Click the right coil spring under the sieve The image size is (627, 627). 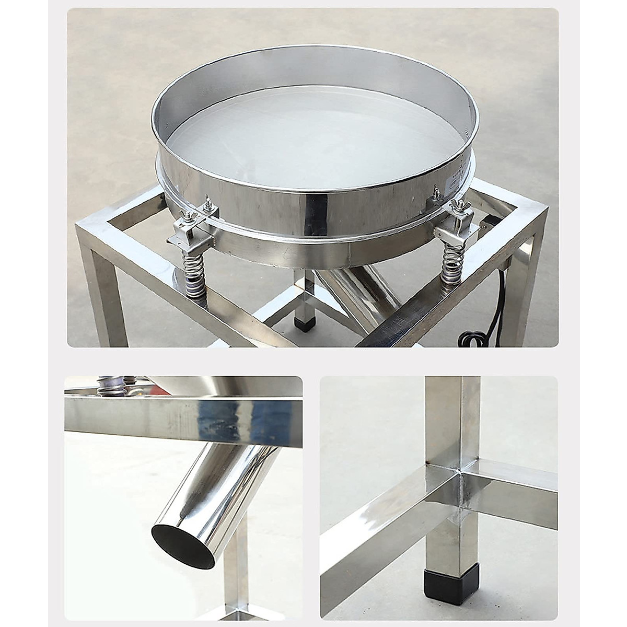point(451,265)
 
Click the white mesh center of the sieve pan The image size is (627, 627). point(313,141)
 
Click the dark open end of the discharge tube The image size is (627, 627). point(183,546)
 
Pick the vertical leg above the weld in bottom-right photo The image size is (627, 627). point(452,418)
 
